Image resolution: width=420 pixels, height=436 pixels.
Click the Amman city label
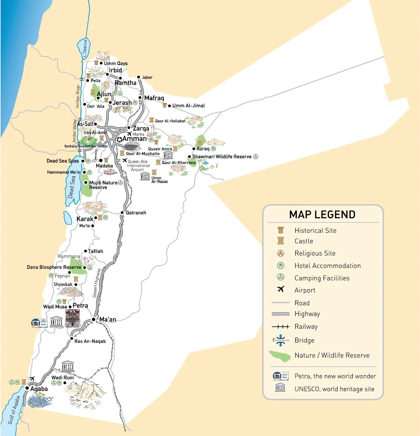pos(134,139)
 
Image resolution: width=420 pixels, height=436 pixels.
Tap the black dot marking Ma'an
pos(93,319)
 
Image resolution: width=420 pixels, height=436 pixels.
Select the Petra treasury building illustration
pos(73,318)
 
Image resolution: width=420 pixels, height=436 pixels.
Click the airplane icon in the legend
pos(281,289)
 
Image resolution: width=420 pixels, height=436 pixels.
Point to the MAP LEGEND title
pos(322,214)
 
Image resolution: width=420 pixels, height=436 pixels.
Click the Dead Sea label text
pos(72,187)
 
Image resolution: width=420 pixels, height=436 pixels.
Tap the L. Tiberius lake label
pos(85,48)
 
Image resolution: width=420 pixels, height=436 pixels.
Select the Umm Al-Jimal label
pos(188,105)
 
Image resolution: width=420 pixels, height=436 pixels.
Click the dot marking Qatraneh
pos(122,213)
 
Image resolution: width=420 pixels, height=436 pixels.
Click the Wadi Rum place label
pos(62,377)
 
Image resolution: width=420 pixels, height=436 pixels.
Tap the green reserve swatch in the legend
pos(280,356)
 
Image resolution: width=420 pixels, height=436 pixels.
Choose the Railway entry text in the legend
pos(306,326)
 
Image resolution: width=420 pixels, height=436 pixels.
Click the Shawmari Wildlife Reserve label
pos(222,157)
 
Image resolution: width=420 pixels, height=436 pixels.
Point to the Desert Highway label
pos(97,283)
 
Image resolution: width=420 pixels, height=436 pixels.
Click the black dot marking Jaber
pos(139,77)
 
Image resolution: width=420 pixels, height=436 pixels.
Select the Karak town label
pos(85,219)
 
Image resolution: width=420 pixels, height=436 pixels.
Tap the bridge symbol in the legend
pos(280,340)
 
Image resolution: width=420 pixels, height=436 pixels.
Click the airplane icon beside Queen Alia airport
pos(125,160)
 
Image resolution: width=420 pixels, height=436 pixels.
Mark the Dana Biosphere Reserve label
pos(54,267)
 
